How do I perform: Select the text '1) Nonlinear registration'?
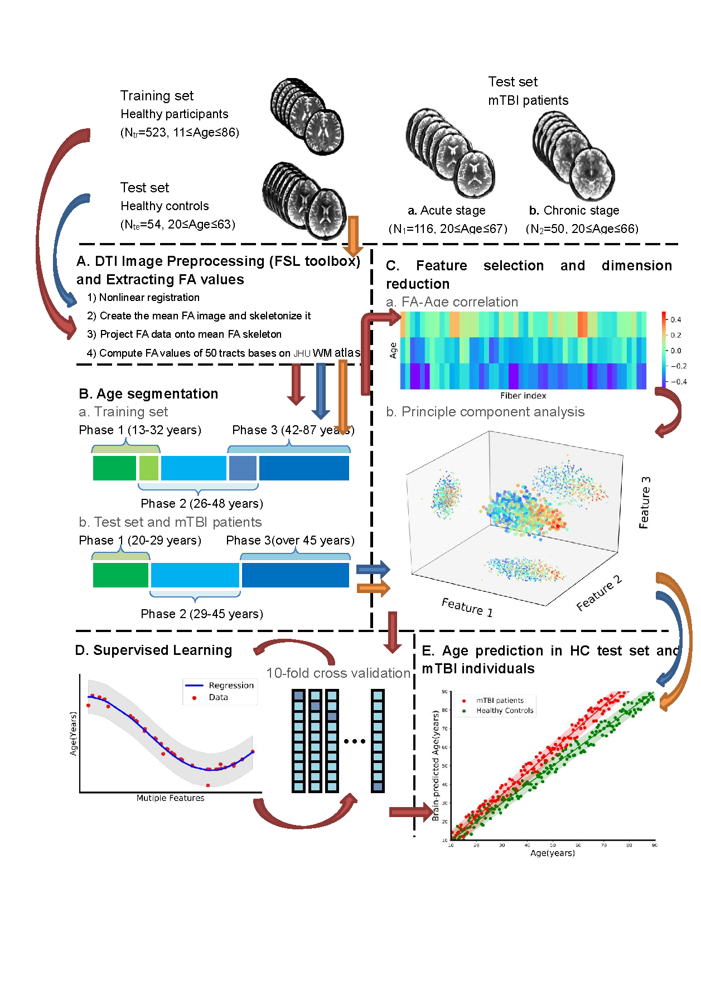tap(143, 298)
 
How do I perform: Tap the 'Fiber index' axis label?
tap(523, 396)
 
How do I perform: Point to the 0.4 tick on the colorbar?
tap(675, 319)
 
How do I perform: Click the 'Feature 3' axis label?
tap(644, 502)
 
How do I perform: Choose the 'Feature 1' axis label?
tap(467, 606)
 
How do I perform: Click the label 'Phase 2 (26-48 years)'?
tap(201, 504)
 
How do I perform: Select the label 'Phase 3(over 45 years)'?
tap(290, 541)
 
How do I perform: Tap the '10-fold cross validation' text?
tap(338, 673)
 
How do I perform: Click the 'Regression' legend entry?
tap(230, 686)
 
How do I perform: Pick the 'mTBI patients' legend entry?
tap(500, 701)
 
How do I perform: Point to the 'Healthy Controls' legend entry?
tap(504, 711)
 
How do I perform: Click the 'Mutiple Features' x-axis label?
tap(170, 798)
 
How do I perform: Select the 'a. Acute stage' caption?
tap(446, 211)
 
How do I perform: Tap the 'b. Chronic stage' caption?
tap(574, 211)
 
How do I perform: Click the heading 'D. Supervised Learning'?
tap(153, 650)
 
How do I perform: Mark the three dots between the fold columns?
tap(354, 741)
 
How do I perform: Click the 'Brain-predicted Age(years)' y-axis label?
tap(436, 765)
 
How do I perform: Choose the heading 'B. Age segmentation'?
tap(148, 394)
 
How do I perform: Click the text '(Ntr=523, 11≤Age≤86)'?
tap(180, 133)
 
